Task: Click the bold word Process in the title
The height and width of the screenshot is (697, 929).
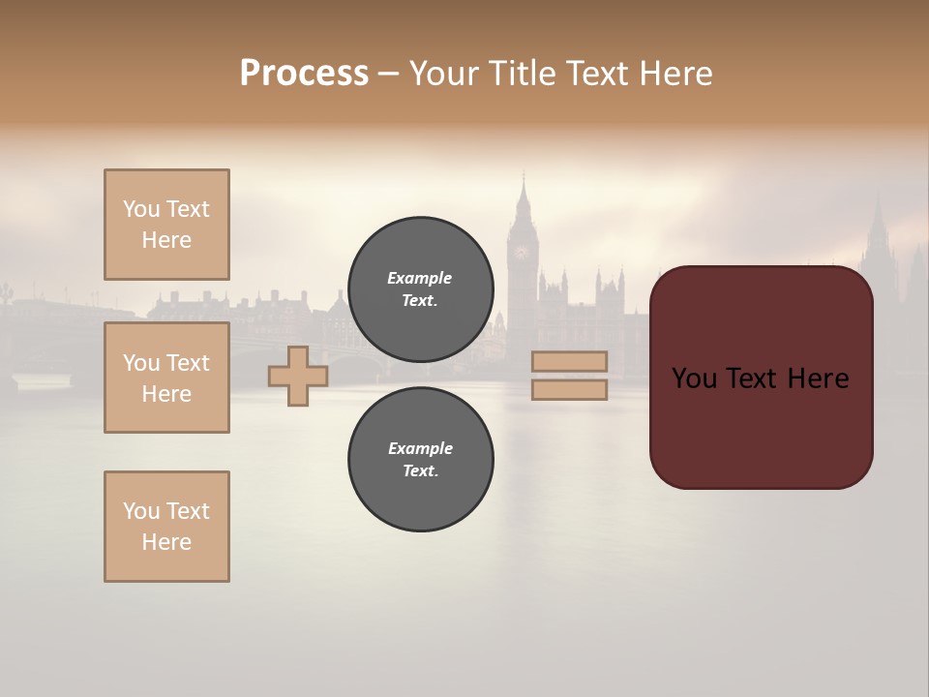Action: pyautogui.click(x=304, y=74)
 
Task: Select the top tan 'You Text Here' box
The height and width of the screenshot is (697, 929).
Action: pyautogui.click(x=166, y=225)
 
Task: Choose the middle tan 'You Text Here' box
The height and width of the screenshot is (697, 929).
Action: pyautogui.click(x=166, y=378)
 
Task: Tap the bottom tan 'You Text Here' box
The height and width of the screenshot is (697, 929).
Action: pyautogui.click(x=166, y=527)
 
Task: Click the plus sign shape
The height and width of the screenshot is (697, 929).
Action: pyautogui.click(x=298, y=376)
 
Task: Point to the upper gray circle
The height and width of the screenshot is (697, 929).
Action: pyautogui.click(x=420, y=289)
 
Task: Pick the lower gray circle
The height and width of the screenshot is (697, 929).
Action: pyautogui.click(x=420, y=460)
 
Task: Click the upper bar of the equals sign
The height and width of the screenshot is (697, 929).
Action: pyautogui.click(x=569, y=361)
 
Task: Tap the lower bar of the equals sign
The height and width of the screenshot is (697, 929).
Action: pyautogui.click(x=569, y=389)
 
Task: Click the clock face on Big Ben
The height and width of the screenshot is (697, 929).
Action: pyautogui.click(x=522, y=253)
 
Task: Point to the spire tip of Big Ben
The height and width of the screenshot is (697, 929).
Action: pyautogui.click(x=523, y=177)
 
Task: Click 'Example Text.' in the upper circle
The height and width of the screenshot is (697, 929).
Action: pyautogui.click(x=420, y=289)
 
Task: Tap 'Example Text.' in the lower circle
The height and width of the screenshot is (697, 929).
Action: pyautogui.click(x=420, y=460)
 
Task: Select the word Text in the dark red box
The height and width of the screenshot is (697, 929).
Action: pyautogui.click(x=751, y=379)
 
